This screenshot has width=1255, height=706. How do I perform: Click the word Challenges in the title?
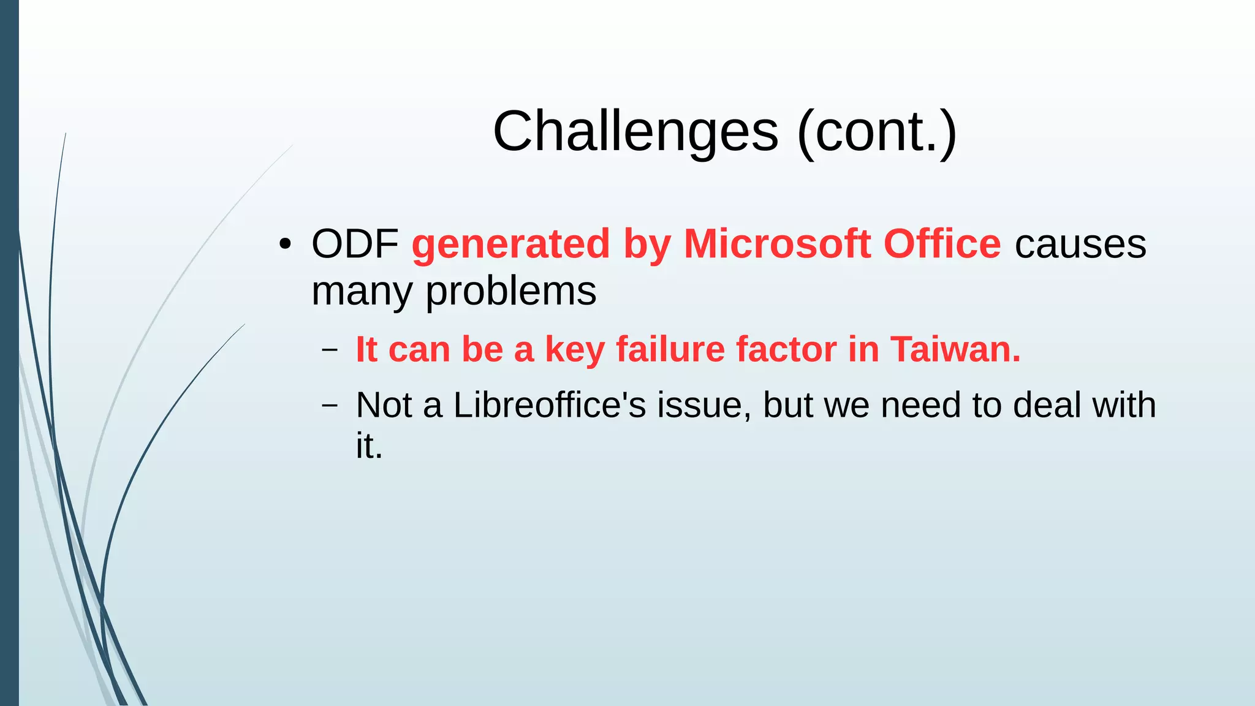(635, 132)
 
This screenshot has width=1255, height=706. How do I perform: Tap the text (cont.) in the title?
(877, 132)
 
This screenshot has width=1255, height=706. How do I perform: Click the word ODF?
(355, 244)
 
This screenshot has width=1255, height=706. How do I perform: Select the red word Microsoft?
(777, 244)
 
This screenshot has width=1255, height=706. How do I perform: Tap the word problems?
(510, 292)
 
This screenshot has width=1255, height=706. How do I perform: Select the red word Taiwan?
(955, 350)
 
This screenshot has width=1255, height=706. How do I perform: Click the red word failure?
(670, 350)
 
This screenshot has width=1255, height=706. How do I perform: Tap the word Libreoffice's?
(550, 405)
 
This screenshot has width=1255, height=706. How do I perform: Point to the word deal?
(1047, 405)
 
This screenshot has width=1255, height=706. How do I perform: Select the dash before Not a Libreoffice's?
(330, 406)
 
